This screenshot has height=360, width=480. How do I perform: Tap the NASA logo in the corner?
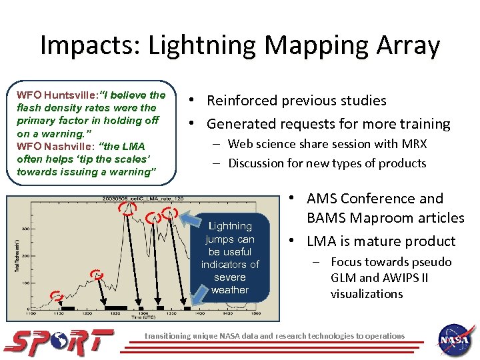456,340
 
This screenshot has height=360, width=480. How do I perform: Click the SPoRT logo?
58,341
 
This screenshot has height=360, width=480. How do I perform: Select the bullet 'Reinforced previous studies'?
296,101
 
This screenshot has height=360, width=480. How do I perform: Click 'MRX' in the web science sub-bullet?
413,144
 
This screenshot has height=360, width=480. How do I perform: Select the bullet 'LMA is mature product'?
381,241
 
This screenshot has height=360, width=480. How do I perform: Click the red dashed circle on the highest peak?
127,208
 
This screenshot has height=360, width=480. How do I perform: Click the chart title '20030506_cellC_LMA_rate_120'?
134,199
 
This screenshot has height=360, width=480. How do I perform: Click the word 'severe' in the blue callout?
230,277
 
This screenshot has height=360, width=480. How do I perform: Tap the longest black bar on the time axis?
115,308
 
